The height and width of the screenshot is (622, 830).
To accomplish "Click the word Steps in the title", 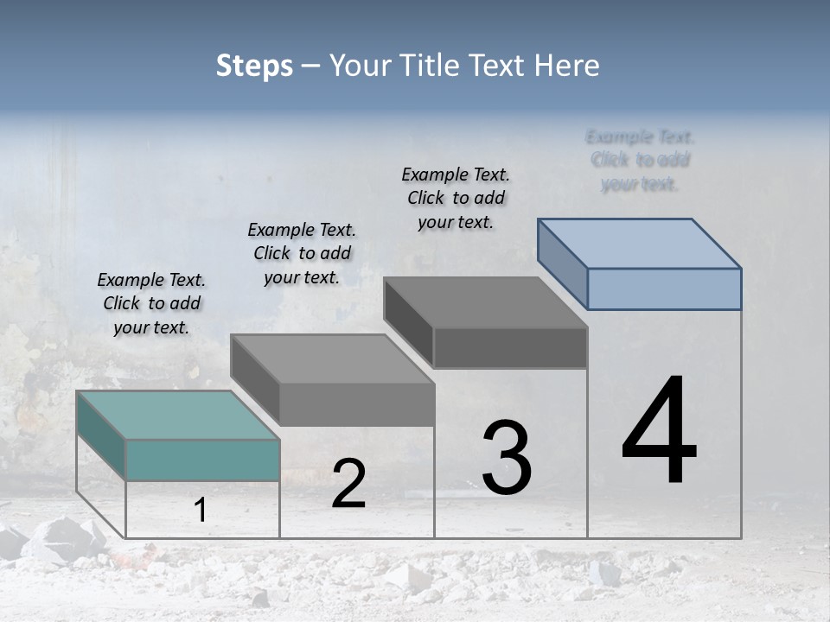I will click(x=254, y=66).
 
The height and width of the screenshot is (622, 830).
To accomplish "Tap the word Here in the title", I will click(x=567, y=66).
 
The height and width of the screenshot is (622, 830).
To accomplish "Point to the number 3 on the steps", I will click(x=507, y=458).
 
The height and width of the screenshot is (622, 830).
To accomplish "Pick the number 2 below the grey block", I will click(x=348, y=484).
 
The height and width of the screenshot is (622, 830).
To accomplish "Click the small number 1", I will click(x=201, y=511).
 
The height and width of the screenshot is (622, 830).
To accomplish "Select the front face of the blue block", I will click(x=664, y=289).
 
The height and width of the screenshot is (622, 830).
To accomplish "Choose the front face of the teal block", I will click(x=202, y=460).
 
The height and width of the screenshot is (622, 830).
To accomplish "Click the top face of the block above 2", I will click(x=332, y=359).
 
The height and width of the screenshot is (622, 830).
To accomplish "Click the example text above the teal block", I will click(x=151, y=303).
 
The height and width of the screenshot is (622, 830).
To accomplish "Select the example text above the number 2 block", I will click(x=302, y=253).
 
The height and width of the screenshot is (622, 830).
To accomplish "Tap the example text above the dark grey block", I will click(x=456, y=198).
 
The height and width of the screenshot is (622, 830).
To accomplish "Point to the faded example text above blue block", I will click(x=640, y=160).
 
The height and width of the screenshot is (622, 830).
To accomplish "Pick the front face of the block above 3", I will click(x=510, y=348).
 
